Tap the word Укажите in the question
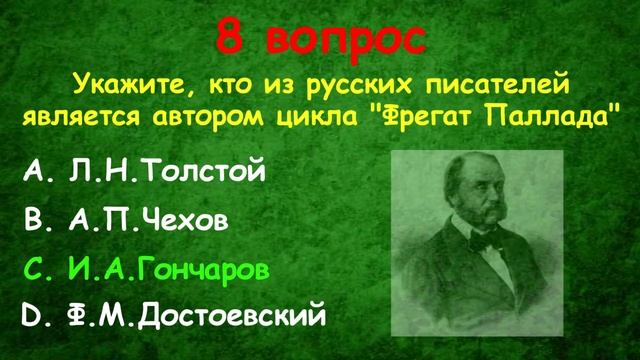(x=130, y=80)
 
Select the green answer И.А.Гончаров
(x=172, y=268)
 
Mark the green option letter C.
(x=33, y=268)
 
